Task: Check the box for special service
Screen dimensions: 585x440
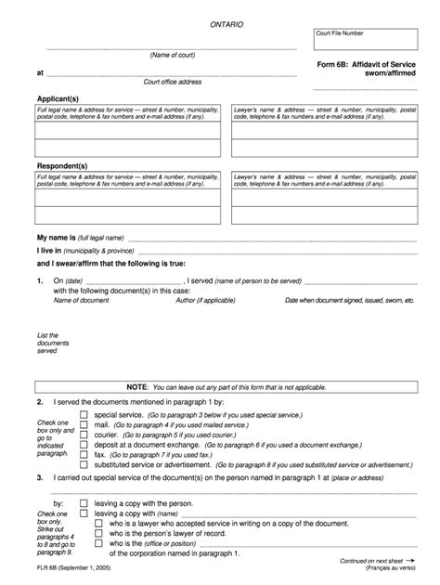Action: click(x=84, y=415)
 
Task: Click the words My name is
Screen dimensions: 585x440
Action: click(x=55, y=238)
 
